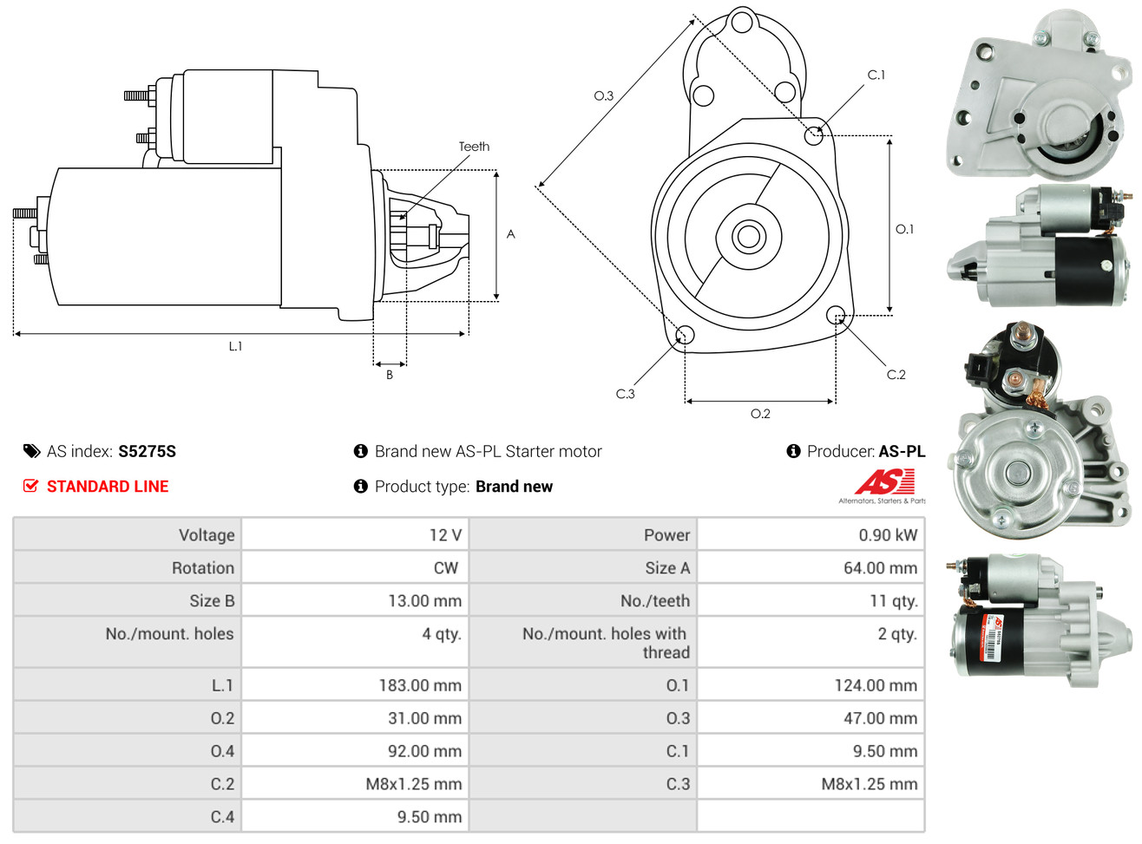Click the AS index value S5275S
(147, 451)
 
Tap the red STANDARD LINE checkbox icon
(30, 486)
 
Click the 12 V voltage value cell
(445, 535)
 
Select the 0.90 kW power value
(888, 535)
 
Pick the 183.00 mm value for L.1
(420, 685)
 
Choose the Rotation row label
(203, 568)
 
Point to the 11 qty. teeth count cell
(893, 601)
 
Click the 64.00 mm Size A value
(880, 568)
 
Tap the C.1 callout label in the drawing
(876, 75)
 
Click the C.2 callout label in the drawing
(896, 375)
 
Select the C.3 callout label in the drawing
(625, 394)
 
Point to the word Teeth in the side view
(474, 147)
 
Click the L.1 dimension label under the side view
(235, 346)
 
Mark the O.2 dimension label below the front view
(760, 414)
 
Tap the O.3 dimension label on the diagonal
(603, 95)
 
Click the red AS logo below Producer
(884, 482)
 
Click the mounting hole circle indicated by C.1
(814, 134)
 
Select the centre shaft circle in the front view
(747, 235)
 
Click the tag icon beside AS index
(31, 451)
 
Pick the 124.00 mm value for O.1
(876, 685)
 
